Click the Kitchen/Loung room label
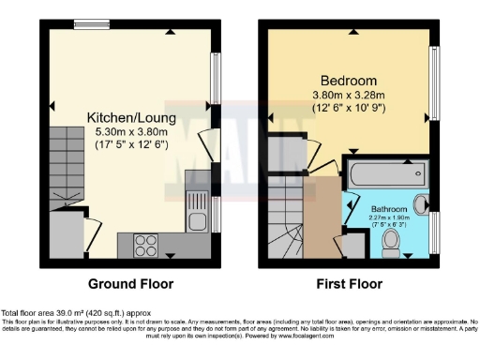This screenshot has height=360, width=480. point(127,117)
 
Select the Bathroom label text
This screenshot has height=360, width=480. point(389,208)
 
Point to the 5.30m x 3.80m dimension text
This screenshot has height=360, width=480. point(128,132)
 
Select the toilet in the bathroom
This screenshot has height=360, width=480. point(391,242)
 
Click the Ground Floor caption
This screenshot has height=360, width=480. point(128,283)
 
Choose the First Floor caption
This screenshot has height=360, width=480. point(350,283)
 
